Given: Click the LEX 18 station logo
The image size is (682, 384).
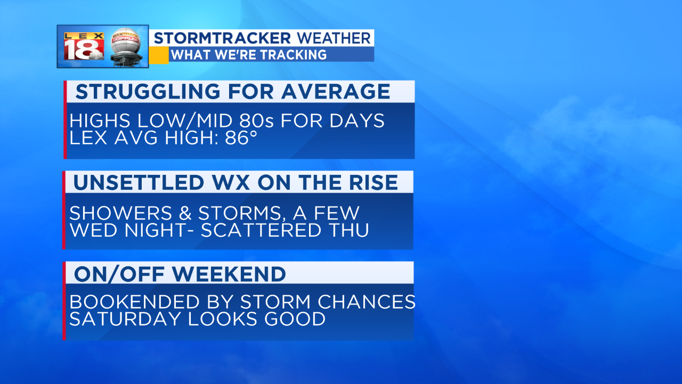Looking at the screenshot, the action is (84, 46).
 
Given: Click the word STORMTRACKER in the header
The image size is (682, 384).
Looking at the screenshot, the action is (222, 38).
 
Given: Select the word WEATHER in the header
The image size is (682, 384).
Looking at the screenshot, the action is (334, 38).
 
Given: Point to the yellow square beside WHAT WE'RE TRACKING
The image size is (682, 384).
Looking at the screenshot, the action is (159, 55).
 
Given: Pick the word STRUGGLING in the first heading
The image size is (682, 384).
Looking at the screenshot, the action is (148, 91).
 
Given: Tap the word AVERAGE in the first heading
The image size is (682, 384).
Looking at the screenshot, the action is (336, 91).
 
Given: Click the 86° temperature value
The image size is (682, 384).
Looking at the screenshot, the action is (241, 138).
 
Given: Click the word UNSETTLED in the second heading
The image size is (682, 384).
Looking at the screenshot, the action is (139, 182).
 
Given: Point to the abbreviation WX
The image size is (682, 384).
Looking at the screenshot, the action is (231, 182).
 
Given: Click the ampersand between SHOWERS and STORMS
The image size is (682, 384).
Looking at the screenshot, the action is (185, 213).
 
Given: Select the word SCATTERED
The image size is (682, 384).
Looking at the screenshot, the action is (261, 230).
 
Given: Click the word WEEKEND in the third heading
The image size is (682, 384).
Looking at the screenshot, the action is (229, 274).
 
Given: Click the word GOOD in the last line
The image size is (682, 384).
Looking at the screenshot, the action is (295, 319).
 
